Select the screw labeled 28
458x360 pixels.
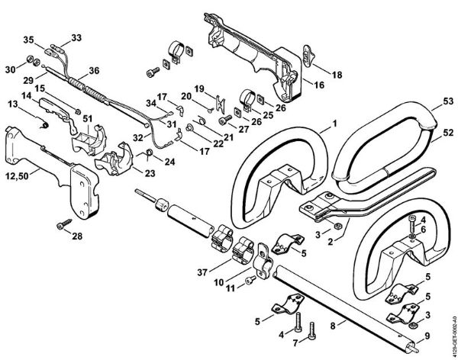pyautogui.click(x=63, y=223)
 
